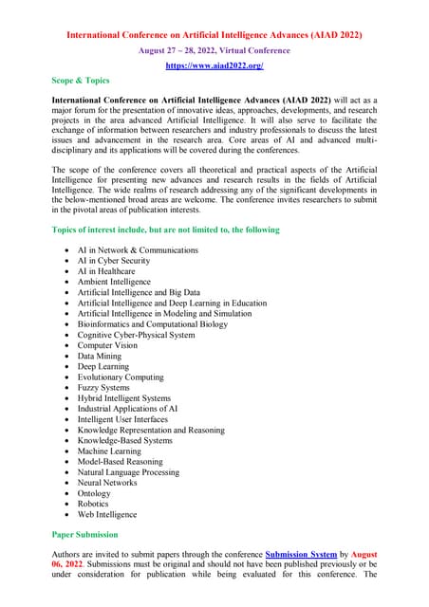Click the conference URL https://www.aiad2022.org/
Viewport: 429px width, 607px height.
pos(214,65)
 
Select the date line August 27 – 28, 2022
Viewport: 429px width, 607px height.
pos(214,49)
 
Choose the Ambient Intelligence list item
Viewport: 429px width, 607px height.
pos(114,282)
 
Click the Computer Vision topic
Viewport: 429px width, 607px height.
pos(107,345)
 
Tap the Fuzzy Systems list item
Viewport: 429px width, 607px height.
pos(103,388)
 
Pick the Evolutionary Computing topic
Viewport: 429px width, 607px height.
pos(121,377)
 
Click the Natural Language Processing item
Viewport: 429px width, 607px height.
pos(128,471)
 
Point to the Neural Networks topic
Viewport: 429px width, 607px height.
pos(107,483)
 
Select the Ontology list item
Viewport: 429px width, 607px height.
pos(94,493)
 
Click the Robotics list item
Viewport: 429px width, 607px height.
pos(93,504)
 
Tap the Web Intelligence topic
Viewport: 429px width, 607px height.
pos(107,514)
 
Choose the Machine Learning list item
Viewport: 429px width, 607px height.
pos(109,451)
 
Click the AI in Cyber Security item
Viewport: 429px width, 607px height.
pos(114,261)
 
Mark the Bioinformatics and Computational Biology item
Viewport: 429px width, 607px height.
pos(153,324)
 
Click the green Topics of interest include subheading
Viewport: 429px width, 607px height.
pos(165,230)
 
